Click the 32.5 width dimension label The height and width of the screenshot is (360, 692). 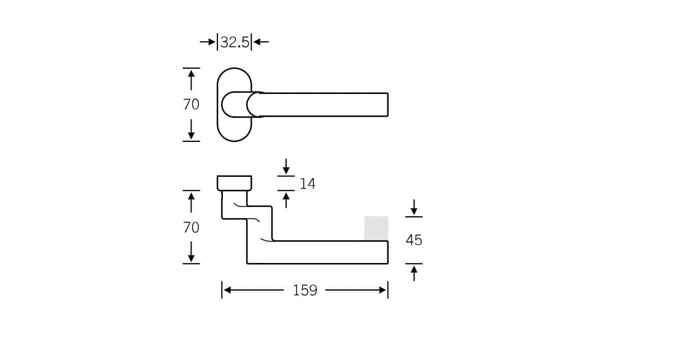pos(235,42)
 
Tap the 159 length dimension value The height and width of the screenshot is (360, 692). pos(305,291)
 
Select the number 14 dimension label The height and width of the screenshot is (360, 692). pos(308,184)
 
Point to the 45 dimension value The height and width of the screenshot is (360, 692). pos(414,240)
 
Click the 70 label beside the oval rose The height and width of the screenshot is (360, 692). pos(191,104)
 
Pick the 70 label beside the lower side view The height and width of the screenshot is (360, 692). pos(191,227)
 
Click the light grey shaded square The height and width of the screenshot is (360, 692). pos(376,228)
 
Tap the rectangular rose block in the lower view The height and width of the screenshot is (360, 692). pos(234,183)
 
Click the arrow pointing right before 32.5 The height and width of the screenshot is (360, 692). pos(208,42)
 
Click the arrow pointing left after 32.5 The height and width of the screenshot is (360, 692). pos(262,42)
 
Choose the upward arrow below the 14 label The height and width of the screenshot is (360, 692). pos(286,200)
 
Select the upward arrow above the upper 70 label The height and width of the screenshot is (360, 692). pos(191,79)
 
